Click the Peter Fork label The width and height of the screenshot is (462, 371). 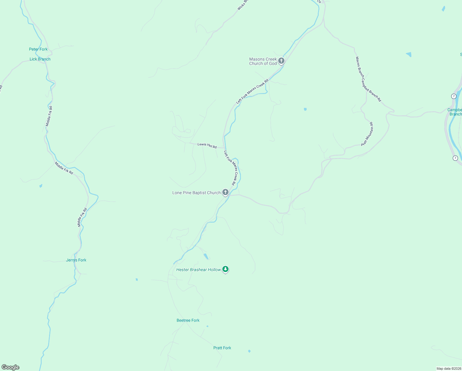(38, 49)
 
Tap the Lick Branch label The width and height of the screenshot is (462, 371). (40, 59)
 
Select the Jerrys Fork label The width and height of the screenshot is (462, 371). (76, 260)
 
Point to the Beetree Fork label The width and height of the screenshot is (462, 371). (188, 320)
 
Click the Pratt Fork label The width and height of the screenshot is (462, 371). (222, 348)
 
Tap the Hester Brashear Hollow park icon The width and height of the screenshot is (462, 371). (226, 269)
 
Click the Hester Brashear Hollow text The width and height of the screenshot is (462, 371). (198, 270)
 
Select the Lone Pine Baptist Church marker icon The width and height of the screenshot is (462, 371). (225, 192)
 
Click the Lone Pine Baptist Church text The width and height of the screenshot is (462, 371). (196, 193)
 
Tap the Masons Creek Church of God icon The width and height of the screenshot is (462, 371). (281, 61)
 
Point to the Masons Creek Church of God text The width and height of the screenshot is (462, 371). (263, 61)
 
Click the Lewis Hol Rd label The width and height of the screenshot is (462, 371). (207, 145)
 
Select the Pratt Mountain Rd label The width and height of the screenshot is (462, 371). (367, 134)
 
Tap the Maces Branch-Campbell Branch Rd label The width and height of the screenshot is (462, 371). (368, 79)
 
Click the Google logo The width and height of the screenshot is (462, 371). (10, 367)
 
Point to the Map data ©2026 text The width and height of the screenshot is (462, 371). (449, 369)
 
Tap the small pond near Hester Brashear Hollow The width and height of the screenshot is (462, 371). (206, 256)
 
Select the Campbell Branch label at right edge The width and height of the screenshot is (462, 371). (455, 112)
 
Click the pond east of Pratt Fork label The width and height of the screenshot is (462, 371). (249, 351)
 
